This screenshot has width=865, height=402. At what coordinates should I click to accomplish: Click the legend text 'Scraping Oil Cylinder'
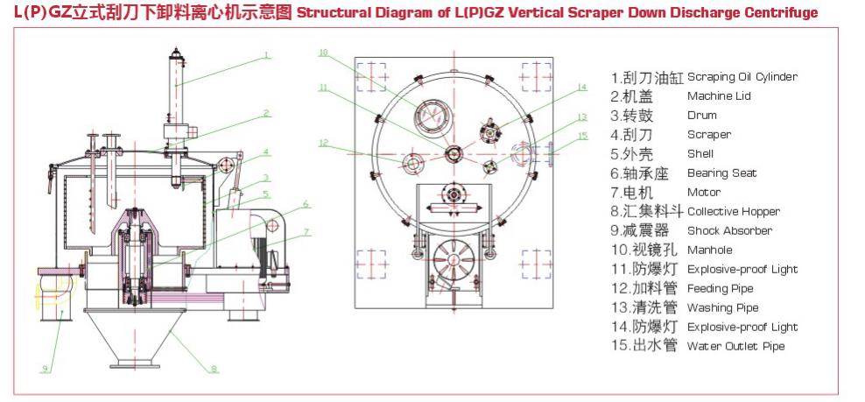pos(742,77)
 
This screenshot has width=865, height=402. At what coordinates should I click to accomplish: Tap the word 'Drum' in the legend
pos(702,116)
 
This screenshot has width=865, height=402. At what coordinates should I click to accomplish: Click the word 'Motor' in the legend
pos(704,193)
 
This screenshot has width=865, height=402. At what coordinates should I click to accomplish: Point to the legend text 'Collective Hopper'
pos(734,212)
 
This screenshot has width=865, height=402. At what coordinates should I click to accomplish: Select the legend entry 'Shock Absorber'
pos(729,231)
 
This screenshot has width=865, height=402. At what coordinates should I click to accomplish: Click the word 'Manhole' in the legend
pos(711,250)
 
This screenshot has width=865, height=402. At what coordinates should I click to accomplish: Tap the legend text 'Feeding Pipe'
pos(720,289)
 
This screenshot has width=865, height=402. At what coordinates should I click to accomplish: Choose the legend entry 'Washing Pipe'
pos(722,308)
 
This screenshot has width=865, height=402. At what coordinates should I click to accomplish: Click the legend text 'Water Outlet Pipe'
pos(735,347)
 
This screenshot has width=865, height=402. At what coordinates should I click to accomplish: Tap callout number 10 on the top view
pos(323,53)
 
